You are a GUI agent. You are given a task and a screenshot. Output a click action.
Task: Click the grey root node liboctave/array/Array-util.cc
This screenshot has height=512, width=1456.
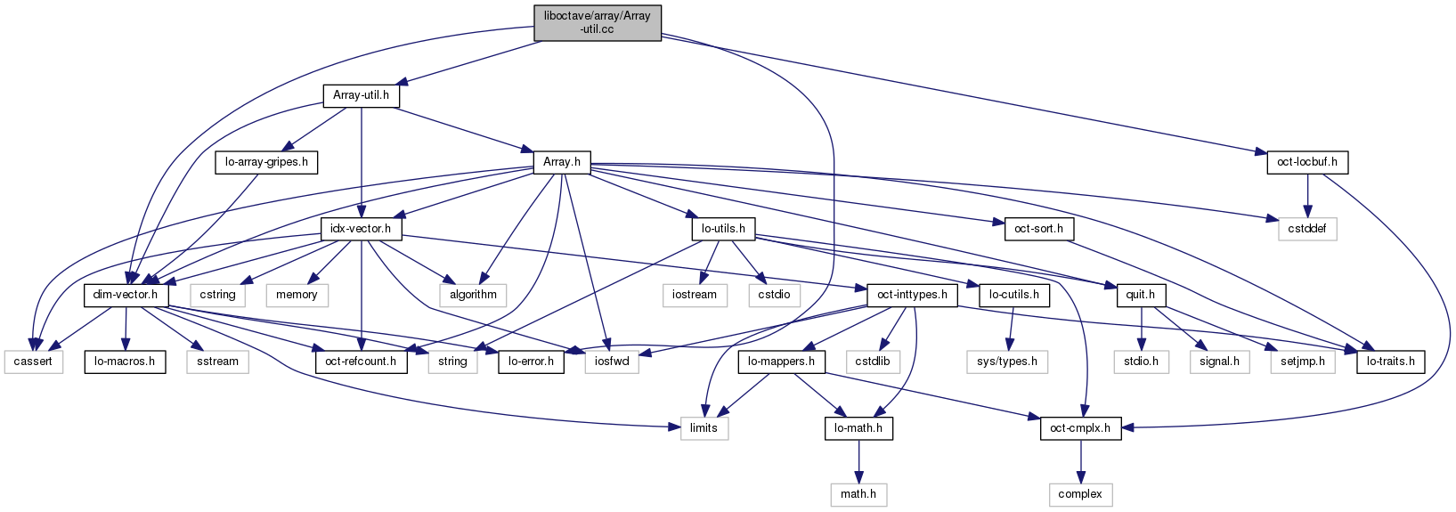tap(598, 22)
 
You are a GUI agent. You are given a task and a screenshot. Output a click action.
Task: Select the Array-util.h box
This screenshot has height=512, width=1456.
tap(361, 95)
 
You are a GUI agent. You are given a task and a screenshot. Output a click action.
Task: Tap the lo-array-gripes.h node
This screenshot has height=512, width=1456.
tap(266, 162)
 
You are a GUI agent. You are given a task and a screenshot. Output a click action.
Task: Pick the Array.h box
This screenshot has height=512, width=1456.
tap(562, 162)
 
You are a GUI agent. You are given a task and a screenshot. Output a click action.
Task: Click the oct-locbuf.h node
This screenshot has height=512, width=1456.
tap(1307, 162)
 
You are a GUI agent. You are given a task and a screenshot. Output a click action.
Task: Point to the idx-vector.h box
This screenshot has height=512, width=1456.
tap(361, 229)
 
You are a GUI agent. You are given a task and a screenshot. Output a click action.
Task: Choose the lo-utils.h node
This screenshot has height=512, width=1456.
tap(723, 229)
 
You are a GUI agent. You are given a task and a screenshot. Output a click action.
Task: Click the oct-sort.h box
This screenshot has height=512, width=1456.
tap(1039, 229)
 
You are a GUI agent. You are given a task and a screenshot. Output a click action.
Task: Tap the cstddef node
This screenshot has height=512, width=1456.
tap(1307, 229)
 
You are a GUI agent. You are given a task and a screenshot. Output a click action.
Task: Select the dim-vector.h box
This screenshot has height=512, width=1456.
tap(126, 295)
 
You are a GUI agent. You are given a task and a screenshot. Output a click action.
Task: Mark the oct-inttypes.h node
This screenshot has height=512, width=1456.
tap(912, 295)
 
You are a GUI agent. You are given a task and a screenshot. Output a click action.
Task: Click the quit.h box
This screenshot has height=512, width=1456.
tap(1140, 295)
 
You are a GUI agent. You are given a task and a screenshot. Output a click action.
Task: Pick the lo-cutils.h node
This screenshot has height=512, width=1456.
tap(1013, 295)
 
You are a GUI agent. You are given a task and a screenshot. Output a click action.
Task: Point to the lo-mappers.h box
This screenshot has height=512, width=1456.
tap(781, 362)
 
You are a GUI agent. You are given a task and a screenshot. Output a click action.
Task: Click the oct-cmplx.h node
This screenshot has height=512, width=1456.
tap(1080, 428)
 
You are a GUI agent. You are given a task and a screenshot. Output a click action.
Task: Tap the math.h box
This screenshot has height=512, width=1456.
tap(858, 494)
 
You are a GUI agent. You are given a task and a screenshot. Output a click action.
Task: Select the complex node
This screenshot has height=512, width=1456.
tap(1080, 494)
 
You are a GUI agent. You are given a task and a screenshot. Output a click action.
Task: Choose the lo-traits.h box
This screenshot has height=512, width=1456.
tap(1390, 362)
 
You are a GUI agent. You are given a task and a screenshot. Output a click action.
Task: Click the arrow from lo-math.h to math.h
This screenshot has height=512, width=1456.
tap(858, 461)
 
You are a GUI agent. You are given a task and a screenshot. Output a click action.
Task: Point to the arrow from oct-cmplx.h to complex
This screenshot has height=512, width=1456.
tap(1080, 461)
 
